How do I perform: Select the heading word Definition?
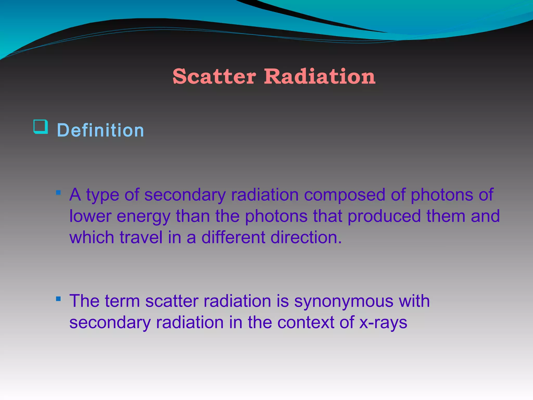tap(100, 130)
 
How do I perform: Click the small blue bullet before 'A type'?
tap(58, 193)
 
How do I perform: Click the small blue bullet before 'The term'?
tap(58, 299)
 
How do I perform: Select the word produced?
tap(384, 216)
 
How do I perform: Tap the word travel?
tap(141, 238)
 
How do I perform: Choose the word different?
tap(233, 238)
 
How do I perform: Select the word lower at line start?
tap(90, 216)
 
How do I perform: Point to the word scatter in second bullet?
tap(172, 301)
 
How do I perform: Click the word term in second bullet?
tap(122, 301)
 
